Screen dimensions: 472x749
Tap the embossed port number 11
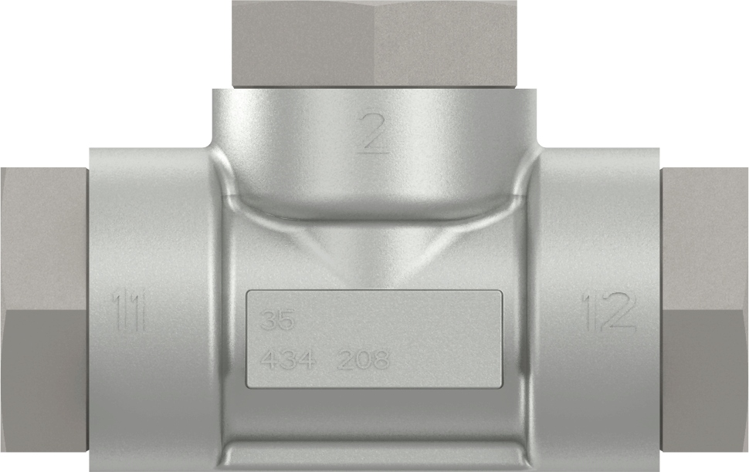(129, 311)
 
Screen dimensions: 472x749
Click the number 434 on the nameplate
(286, 359)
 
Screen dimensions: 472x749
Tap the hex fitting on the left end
(42, 308)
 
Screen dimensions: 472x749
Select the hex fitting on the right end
(704, 308)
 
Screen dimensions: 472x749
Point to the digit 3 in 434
(286, 359)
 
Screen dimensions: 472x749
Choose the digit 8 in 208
(379, 359)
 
